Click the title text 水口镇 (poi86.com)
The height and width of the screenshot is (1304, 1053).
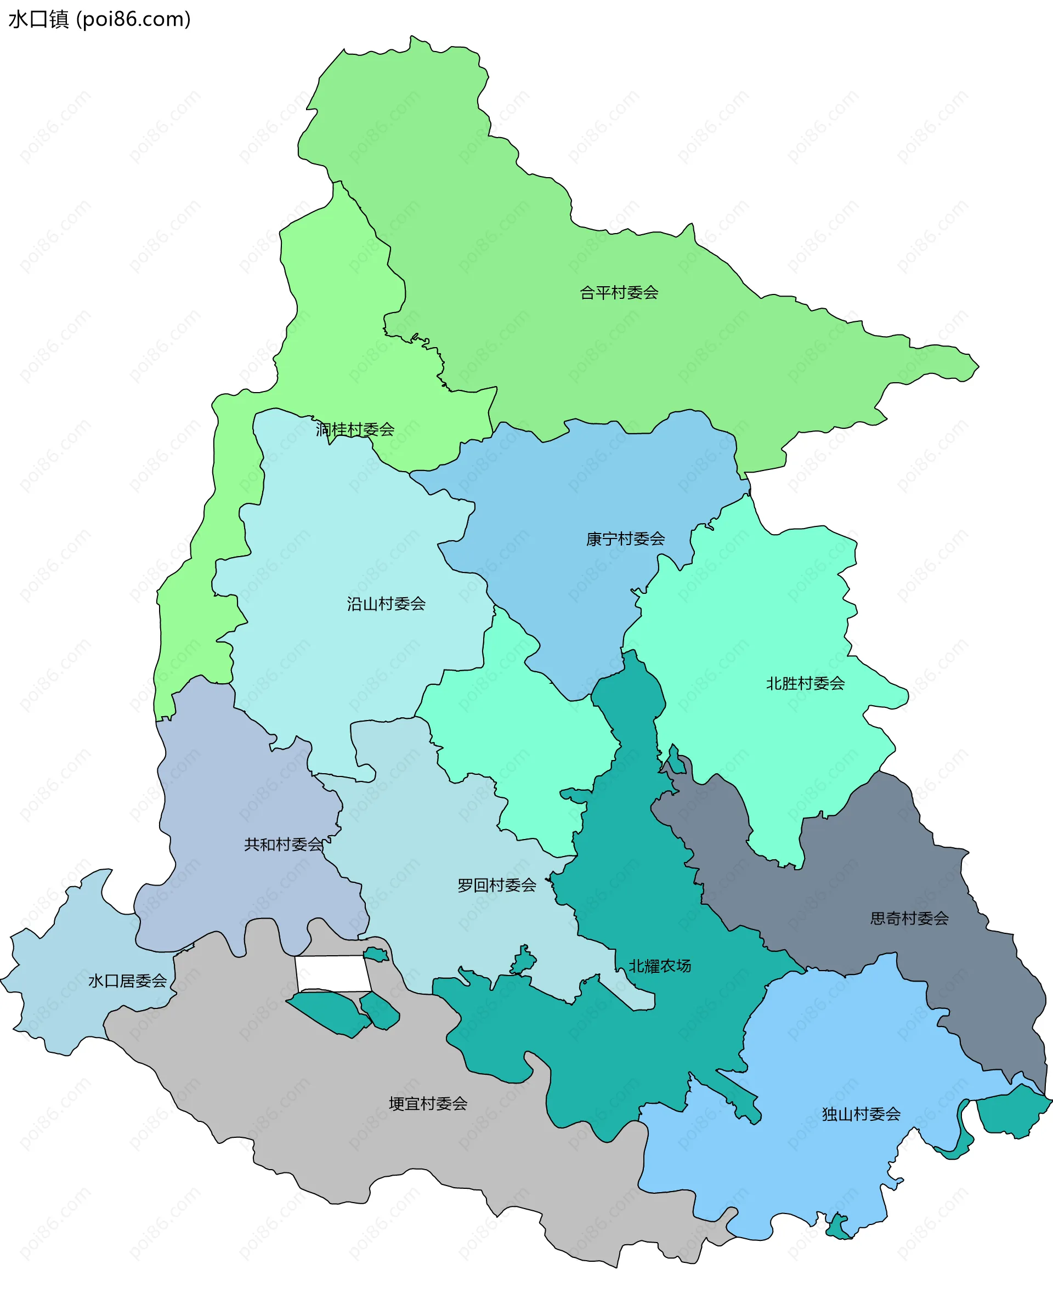click(99, 19)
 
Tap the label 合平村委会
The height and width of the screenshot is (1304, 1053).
click(619, 293)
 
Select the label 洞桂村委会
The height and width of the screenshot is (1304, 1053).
click(355, 429)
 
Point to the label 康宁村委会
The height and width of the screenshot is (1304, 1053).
click(625, 538)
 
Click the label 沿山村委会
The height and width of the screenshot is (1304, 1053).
click(387, 604)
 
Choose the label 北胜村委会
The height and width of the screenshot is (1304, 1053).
click(805, 684)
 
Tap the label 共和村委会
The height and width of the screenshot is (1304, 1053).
click(283, 844)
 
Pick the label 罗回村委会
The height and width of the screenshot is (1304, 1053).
click(497, 885)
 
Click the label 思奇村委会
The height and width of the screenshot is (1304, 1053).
click(909, 919)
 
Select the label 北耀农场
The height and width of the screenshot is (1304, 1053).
click(659, 966)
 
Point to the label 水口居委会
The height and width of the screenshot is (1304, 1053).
click(127, 980)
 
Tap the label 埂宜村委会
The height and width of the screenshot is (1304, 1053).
click(428, 1104)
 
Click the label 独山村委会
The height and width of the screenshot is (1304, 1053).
click(860, 1114)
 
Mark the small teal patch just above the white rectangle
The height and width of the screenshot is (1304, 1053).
click(376, 955)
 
